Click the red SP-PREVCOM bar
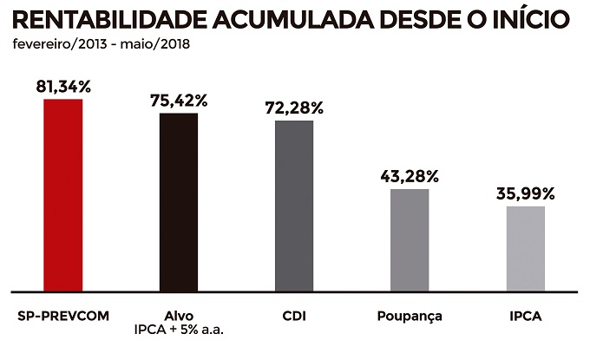tap(63, 195)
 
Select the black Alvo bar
tap(179, 202)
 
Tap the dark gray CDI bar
tap(294, 206)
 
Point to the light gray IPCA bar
tap(526, 248)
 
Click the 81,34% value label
tap(63, 87)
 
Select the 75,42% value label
tap(179, 101)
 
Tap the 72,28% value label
tap(294, 108)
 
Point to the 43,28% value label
tap(410, 176)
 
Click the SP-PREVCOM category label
tap(63, 316)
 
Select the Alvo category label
tap(179, 316)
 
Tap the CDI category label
tap(294, 316)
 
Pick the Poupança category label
tap(410, 316)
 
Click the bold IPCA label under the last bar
tap(526, 316)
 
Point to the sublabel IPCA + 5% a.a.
tap(179, 331)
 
